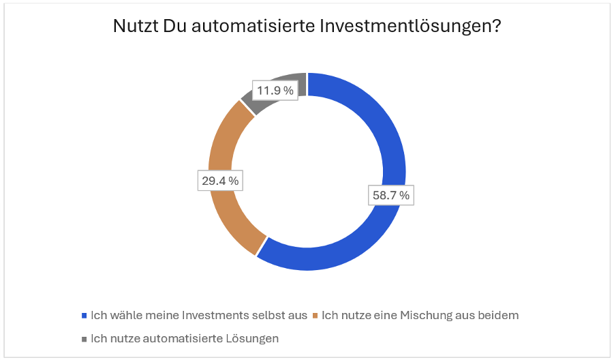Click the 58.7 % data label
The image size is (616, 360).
[x=390, y=195]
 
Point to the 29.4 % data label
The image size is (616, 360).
[x=219, y=181]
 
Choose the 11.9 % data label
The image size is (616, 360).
[x=275, y=90]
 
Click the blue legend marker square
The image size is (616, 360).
[x=84, y=316]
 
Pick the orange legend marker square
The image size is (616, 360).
[x=315, y=316]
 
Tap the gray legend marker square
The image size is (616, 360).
[x=84, y=339]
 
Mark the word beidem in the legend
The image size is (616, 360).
[x=500, y=315]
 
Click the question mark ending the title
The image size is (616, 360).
[x=499, y=28]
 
